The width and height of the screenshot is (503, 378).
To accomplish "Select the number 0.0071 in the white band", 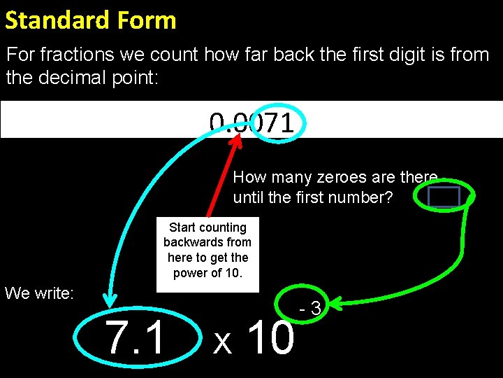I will (x=251, y=124).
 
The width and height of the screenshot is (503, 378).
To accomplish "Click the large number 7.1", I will (x=136, y=337).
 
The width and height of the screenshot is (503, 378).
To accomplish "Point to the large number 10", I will (x=271, y=337).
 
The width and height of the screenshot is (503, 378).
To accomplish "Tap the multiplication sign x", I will (x=222, y=342).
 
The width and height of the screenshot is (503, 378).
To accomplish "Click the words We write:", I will (x=39, y=293).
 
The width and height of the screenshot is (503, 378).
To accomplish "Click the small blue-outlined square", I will (x=443, y=197).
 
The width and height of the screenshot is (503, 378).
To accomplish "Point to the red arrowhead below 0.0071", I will (x=238, y=140).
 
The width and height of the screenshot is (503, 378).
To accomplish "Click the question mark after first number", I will (x=388, y=197).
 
